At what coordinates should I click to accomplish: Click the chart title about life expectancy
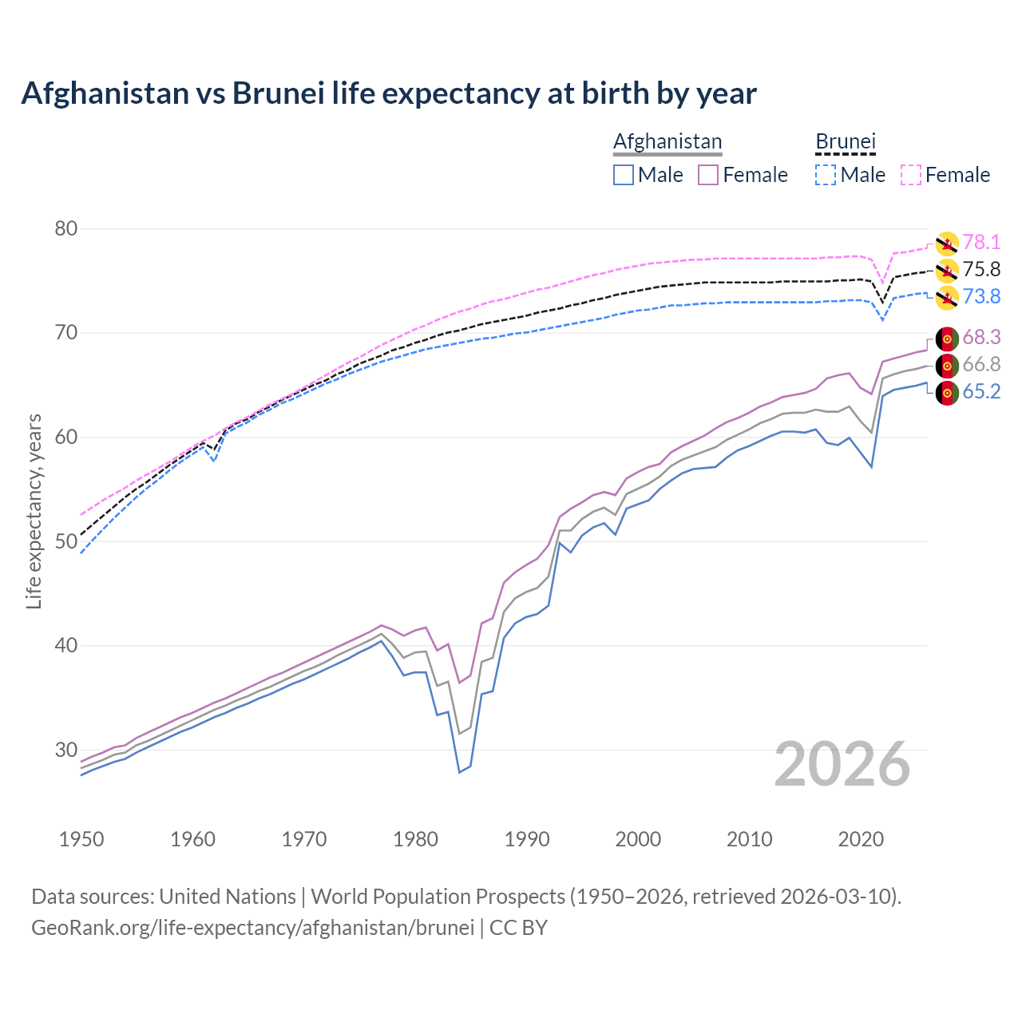point(388,93)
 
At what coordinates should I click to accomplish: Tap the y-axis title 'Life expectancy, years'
point(34,511)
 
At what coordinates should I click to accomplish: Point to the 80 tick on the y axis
point(66,229)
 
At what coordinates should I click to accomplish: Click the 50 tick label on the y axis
point(66,541)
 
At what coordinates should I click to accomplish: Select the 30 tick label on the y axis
point(66,750)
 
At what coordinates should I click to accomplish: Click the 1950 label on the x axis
point(81,839)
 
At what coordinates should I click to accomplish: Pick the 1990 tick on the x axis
point(527,839)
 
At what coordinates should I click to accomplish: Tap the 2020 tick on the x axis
point(861,839)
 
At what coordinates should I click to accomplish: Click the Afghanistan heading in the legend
point(667,141)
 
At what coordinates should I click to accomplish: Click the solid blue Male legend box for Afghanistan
point(624,175)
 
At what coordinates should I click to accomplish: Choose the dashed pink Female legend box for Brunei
point(911,175)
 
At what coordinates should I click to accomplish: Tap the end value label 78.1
point(981,243)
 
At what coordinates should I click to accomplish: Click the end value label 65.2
point(981,392)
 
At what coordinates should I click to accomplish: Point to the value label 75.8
point(981,270)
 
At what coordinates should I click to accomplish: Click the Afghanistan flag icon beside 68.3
point(947,339)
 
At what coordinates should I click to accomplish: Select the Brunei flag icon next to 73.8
point(947,299)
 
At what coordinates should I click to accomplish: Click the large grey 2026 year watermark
point(842,764)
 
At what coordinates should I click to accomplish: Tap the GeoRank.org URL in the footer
point(252,928)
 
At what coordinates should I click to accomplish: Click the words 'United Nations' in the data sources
point(228,897)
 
